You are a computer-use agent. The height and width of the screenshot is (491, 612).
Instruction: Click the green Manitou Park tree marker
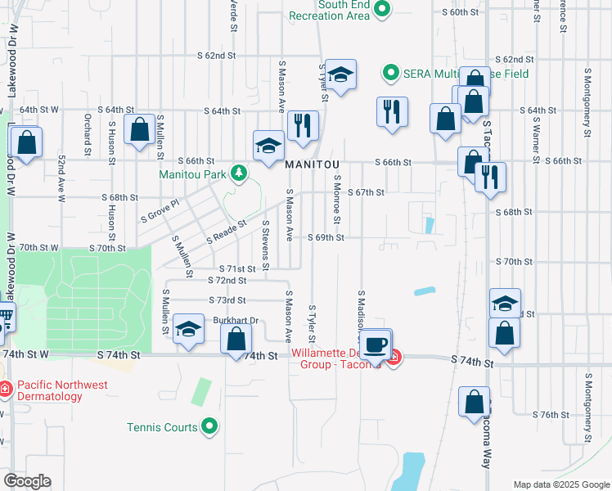pyautogui.click(x=238, y=173)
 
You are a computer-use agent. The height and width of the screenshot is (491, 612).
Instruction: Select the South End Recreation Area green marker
pyautogui.click(x=381, y=10)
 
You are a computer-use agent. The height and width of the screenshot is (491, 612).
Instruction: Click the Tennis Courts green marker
pyautogui.click(x=210, y=426)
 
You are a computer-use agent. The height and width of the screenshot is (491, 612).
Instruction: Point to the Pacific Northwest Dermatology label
pyautogui.click(x=51, y=390)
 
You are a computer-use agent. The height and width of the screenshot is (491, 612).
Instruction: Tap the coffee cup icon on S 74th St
pyautogui.click(x=376, y=345)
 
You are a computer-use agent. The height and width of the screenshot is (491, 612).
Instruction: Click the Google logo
pyautogui.click(x=27, y=481)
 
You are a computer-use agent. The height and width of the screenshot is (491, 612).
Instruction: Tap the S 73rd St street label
pyautogui.click(x=227, y=300)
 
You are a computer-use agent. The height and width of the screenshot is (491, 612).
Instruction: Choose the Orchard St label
pyautogui.click(x=87, y=133)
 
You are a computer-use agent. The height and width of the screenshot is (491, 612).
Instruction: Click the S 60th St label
pyautogui.click(x=459, y=12)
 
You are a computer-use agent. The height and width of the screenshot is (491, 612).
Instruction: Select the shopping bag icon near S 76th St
pyautogui.click(x=475, y=403)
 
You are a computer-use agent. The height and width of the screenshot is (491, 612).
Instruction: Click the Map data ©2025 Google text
pyautogui.click(x=560, y=484)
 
